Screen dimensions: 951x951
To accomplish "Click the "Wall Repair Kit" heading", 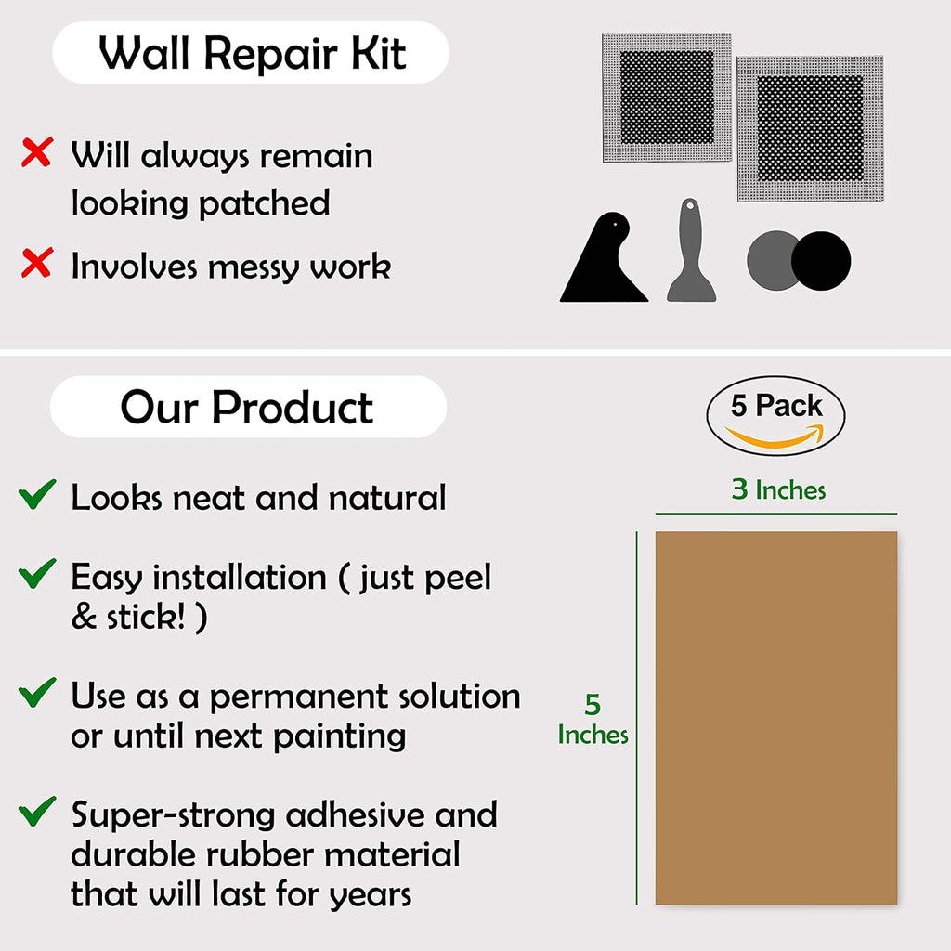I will [x=252, y=53].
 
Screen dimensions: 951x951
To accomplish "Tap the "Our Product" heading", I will [x=247, y=408].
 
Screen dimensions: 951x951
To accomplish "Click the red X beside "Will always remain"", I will [x=36, y=153].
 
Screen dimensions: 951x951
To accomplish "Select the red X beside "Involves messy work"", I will [x=36, y=265].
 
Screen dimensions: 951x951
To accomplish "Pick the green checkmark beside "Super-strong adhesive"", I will [x=37, y=813].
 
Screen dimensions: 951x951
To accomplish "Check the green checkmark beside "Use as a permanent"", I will [x=37, y=693].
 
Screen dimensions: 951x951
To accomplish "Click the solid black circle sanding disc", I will [x=821, y=261].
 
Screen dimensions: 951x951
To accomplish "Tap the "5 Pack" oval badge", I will [x=776, y=415].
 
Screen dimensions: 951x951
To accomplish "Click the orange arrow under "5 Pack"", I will [x=775, y=435].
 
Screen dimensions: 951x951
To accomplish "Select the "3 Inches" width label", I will [x=778, y=489].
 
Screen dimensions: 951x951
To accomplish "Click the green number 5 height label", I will [x=593, y=705].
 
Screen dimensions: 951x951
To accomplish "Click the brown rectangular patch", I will [x=776, y=717].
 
